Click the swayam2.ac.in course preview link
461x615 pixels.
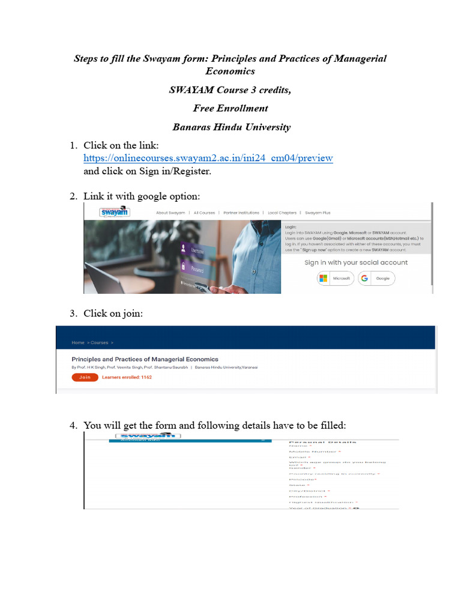click(x=208, y=158)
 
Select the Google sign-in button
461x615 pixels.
click(x=376, y=279)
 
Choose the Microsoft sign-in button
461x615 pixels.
click(x=335, y=279)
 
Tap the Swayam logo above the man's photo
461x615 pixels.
click(x=115, y=212)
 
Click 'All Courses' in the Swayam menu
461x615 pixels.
click(x=204, y=213)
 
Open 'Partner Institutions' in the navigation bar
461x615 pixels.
click(x=241, y=213)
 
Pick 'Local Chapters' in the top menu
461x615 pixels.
click(x=283, y=213)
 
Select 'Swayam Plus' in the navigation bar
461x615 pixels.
click(x=318, y=213)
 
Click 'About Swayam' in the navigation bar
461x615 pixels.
click(x=170, y=213)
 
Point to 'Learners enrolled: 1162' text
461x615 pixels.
click(x=127, y=377)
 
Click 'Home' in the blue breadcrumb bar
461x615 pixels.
click(x=78, y=342)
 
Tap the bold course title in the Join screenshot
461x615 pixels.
click(x=145, y=359)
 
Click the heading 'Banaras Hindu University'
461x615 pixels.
click(x=231, y=127)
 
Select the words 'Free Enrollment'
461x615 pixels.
click(x=230, y=108)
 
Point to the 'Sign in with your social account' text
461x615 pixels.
click(x=355, y=262)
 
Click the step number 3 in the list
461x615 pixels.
click(x=73, y=313)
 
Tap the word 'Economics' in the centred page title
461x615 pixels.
click(x=230, y=71)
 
